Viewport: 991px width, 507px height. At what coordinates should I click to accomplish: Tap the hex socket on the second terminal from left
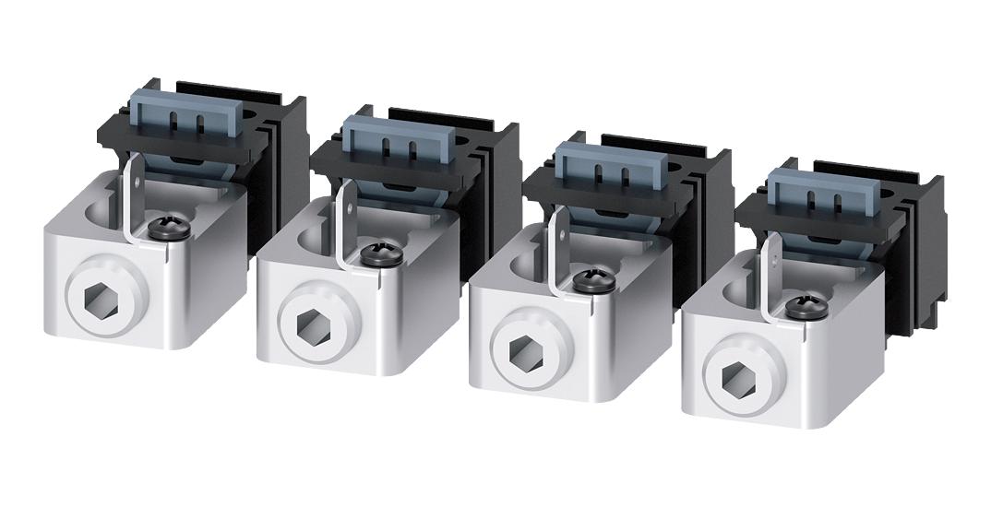click(307, 323)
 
